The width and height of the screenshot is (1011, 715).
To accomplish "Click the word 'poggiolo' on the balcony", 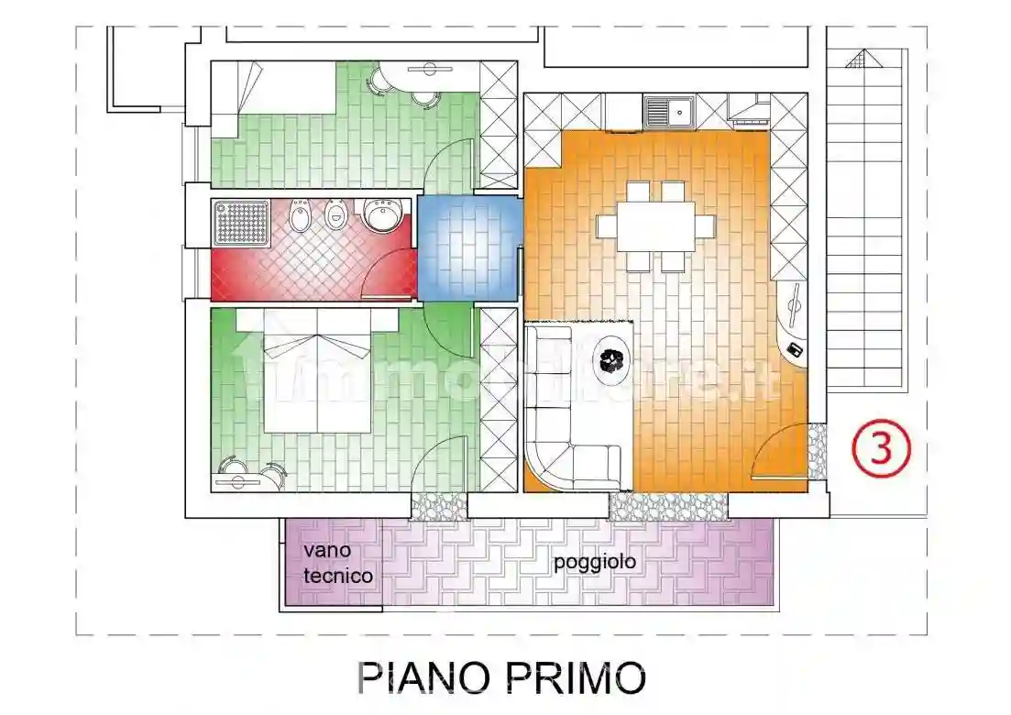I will tap(594, 562).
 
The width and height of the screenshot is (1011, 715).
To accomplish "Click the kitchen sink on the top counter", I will tap(668, 111).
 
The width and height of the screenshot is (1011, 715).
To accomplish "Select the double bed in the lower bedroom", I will tap(317, 376).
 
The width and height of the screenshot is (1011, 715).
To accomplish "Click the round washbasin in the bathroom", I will tap(378, 216).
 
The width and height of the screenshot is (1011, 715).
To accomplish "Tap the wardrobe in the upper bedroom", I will tap(499, 125).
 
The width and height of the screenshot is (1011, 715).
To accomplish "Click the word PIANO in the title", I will tap(420, 679).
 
